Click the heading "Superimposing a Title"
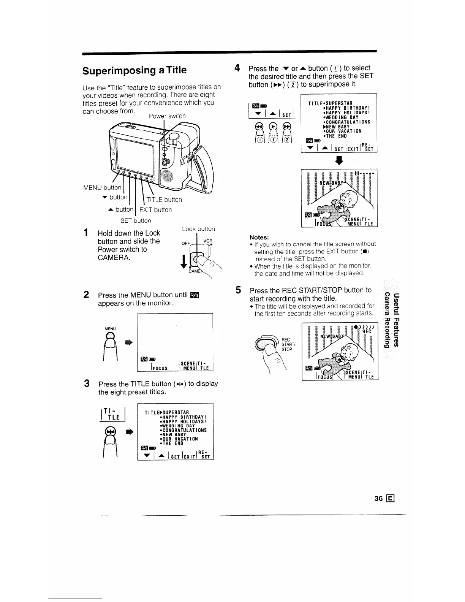134,70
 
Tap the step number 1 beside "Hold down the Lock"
87,233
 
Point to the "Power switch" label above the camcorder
167,116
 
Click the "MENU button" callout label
102,187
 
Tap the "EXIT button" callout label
155,210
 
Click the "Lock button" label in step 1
198,229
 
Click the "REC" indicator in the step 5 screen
367,331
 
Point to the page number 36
378,499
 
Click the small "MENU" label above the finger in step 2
110,329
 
